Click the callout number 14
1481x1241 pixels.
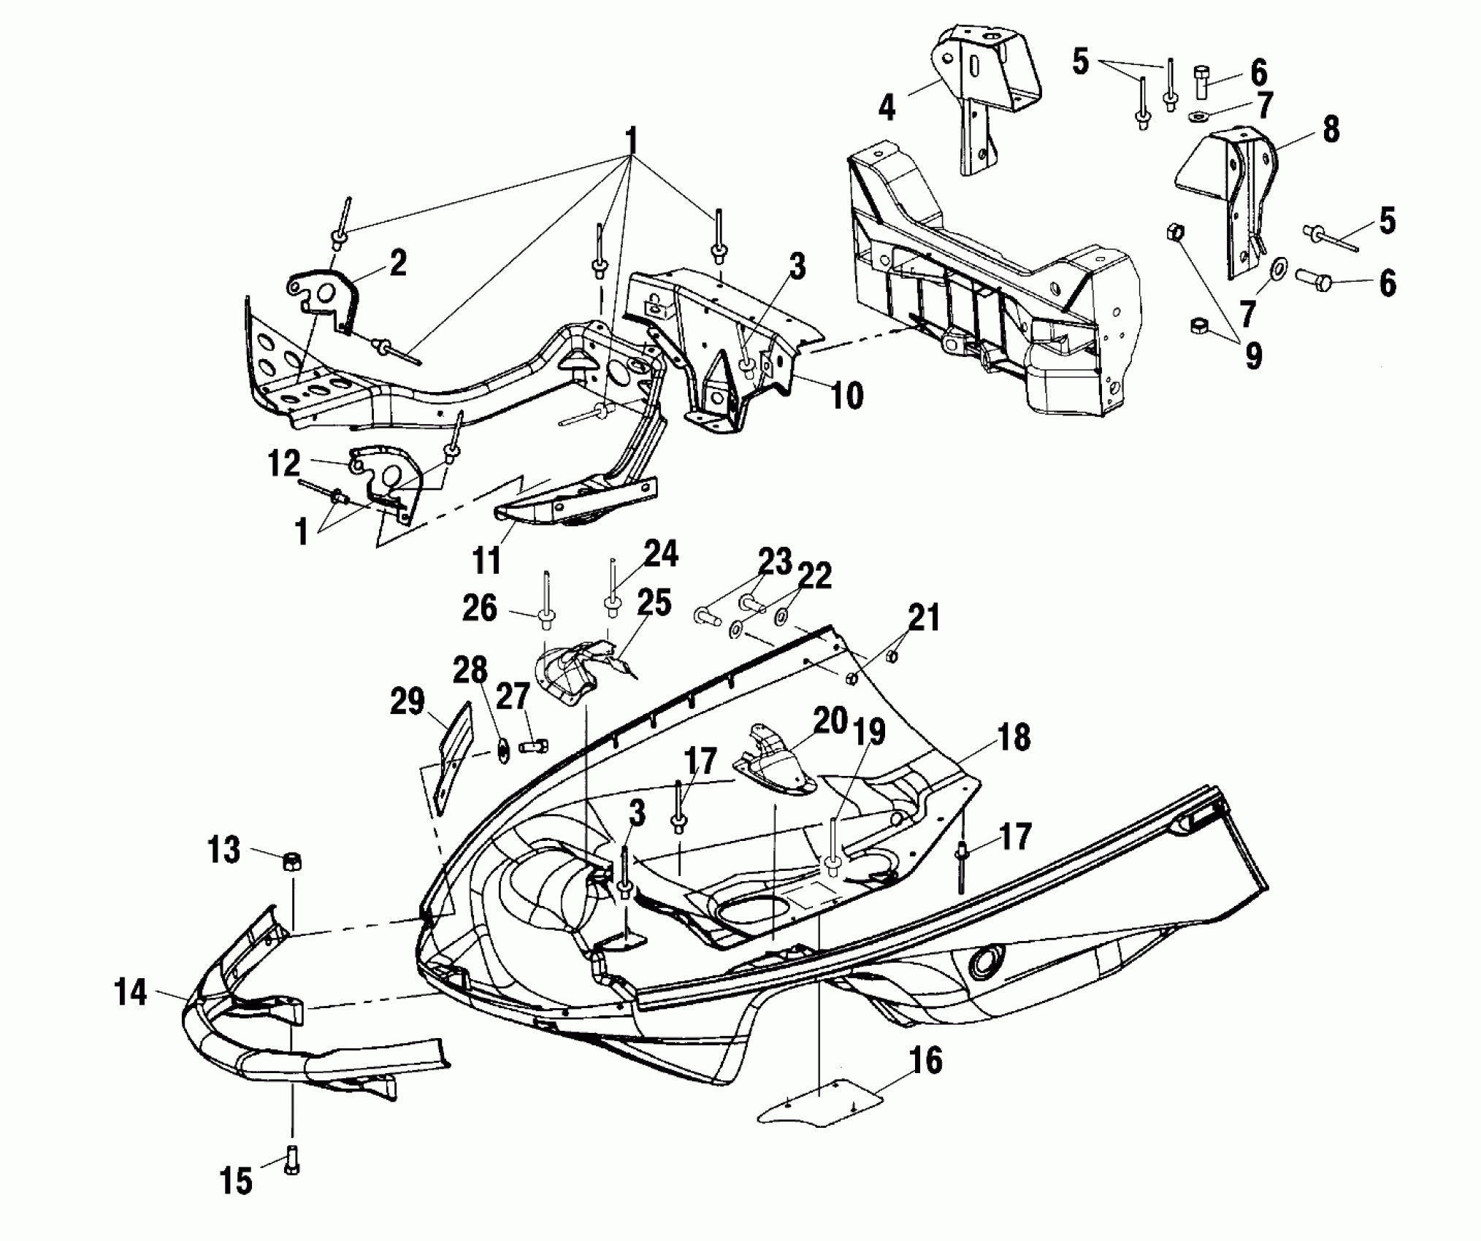[x=131, y=994]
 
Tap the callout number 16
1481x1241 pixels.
[x=926, y=1061]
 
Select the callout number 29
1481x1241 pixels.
[x=407, y=702]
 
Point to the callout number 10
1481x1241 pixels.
[x=846, y=394]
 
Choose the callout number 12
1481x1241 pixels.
[x=283, y=463]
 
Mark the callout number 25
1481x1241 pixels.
[x=654, y=603]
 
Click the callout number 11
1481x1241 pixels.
[x=486, y=561]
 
